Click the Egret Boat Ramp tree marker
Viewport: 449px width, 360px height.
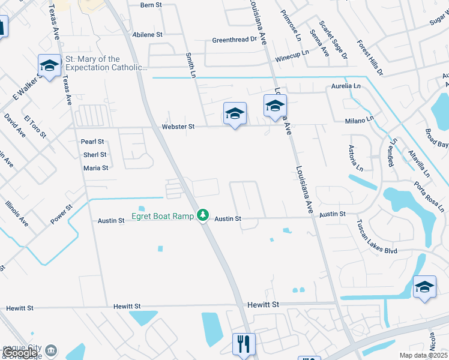pos(203,215)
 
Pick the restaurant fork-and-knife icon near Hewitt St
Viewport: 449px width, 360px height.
pos(244,344)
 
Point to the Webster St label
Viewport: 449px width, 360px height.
pos(178,127)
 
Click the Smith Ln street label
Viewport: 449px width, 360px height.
pos(191,65)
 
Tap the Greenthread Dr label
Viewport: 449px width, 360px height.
pos(234,40)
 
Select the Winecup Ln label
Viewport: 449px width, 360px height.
pos(292,52)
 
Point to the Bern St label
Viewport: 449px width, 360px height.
pos(151,5)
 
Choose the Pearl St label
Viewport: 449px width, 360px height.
pos(92,142)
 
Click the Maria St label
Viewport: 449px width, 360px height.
pos(96,168)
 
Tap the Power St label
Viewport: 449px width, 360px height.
pos(61,215)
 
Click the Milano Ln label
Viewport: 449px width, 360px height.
pos(360,121)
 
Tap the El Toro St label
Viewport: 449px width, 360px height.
pos(35,127)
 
